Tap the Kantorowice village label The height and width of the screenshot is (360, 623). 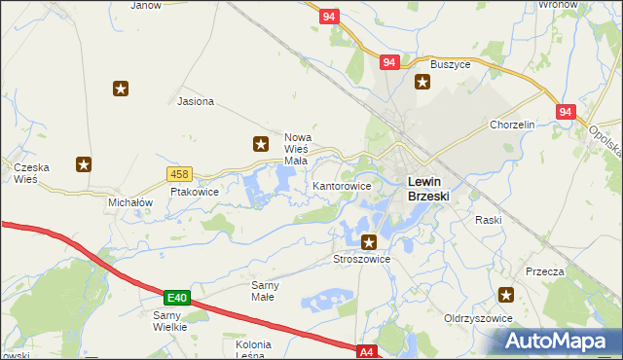[x=342, y=185]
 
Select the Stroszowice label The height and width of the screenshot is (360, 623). [x=361, y=259]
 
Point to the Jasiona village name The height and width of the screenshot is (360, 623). [x=196, y=101]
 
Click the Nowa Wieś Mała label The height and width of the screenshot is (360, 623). [x=296, y=149]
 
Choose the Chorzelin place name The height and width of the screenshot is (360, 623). [x=513, y=126]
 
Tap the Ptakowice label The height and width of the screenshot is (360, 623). [x=195, y=192]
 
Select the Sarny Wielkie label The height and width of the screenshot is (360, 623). [x=176, y=321]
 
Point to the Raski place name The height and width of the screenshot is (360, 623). [x=488, y=220]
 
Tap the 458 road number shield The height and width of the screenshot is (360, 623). [x=178, y=174]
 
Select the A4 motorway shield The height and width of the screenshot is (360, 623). [x=366, y=351]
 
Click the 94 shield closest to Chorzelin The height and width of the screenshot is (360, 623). [x=566, y=113]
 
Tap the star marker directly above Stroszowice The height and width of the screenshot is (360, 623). [x=369, y=241]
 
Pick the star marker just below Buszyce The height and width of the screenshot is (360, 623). [x=422, y=82]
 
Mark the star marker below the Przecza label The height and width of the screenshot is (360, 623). [x=506, y=294]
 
